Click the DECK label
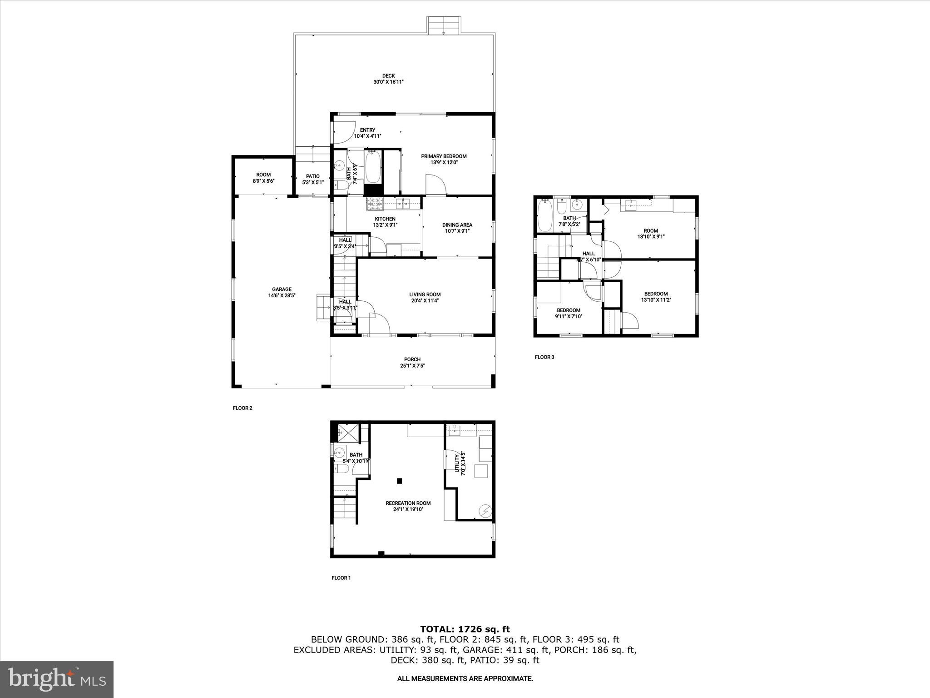(x=388, y=76)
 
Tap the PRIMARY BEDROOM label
(x=443, y=156)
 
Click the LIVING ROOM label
(x=425, y=294)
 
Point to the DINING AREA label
(x=457, y=225)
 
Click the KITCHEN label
(x=385, y=219)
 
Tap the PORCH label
(x=412, y=359)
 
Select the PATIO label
(x=312, y=176)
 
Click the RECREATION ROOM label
(x=408, y=503)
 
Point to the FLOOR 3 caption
(x=544, y=357)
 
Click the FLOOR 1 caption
(x=341, y=578)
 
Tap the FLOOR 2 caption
(x=242, y=408)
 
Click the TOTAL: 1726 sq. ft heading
(x=465, y=629)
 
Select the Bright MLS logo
(x=57, y=679)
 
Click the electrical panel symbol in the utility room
(x=485, y=511)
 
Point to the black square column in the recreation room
(x=399, y=481)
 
